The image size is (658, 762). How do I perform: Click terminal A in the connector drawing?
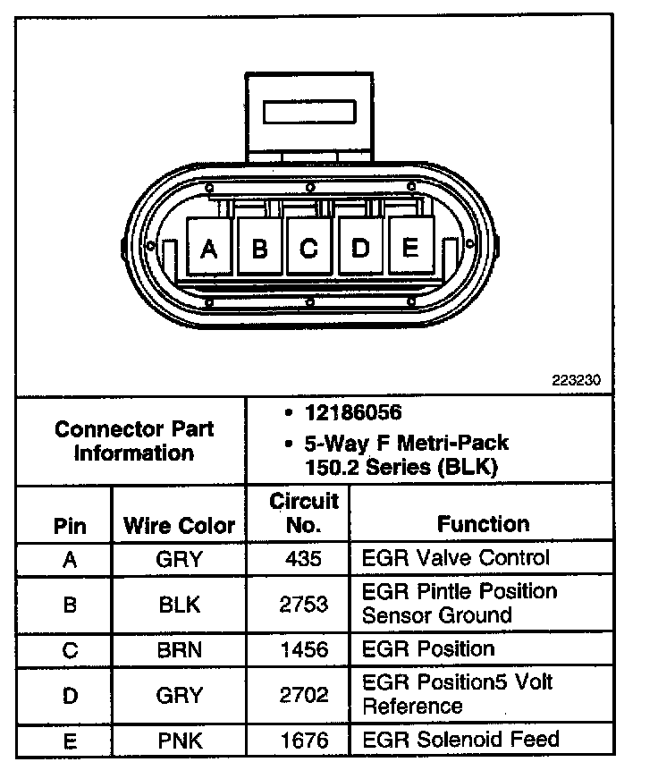click(x=208, y=248)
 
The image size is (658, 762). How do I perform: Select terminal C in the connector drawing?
click(x=308, y=248)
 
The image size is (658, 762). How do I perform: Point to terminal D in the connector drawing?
click(x=360, y=248)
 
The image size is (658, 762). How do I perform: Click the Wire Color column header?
click(x=179, y=525)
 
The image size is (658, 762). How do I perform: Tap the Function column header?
click(x=483, y=523)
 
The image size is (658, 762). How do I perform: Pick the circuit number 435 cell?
click(x=297, y=559)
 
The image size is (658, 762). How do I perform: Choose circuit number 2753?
click(x=297, y=604)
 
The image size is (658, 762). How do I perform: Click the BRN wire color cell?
click(x=179, y=650)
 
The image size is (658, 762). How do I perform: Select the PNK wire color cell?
click(x=179, y=740)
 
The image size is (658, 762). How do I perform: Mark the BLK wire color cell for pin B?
click(x=179, y=604)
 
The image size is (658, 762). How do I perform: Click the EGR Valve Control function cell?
click(x=455, y=558)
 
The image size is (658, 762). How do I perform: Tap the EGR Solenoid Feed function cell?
click(x=460, y=739)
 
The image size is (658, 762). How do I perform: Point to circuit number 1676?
click(x=297, y=740)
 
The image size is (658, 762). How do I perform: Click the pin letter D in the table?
click(x=70, y=695)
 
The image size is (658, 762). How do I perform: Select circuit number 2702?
click(x=297, y=695)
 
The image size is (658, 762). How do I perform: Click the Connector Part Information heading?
click(x=134, y=441)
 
